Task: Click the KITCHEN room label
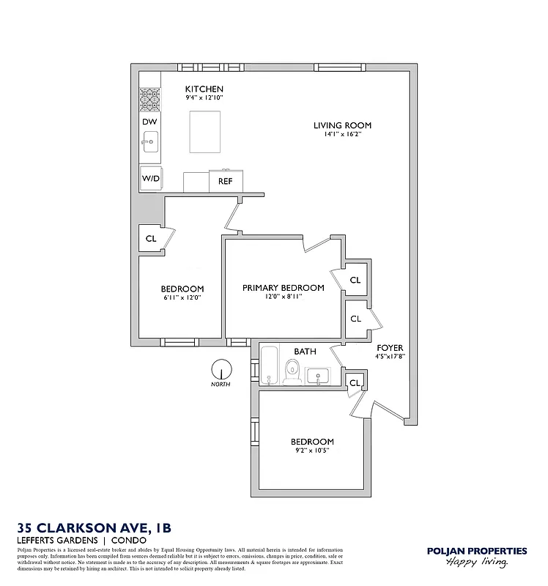click(x=204, y=89)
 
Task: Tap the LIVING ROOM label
click(x=337, y=125)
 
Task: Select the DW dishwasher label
click(x=149, y=122)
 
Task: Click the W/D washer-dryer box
click(x=151, y=178)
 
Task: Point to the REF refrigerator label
click(x=225, y=180)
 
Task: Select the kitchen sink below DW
click(x=150, y=141)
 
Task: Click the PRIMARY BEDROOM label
click(x=283, y=288)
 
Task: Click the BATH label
click(x=305, y=352)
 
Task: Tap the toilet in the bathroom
click(x=291, y=374)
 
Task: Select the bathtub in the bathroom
click(x=269, y=366)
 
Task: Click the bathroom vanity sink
click(x=318, y=377)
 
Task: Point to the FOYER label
click(x=390, y=348)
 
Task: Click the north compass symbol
click(x=221, y=370)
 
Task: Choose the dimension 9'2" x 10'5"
click(x=311, y=450)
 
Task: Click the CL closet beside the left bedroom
click(x=151, y=239)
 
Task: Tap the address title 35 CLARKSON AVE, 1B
click(x=95, y=527)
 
